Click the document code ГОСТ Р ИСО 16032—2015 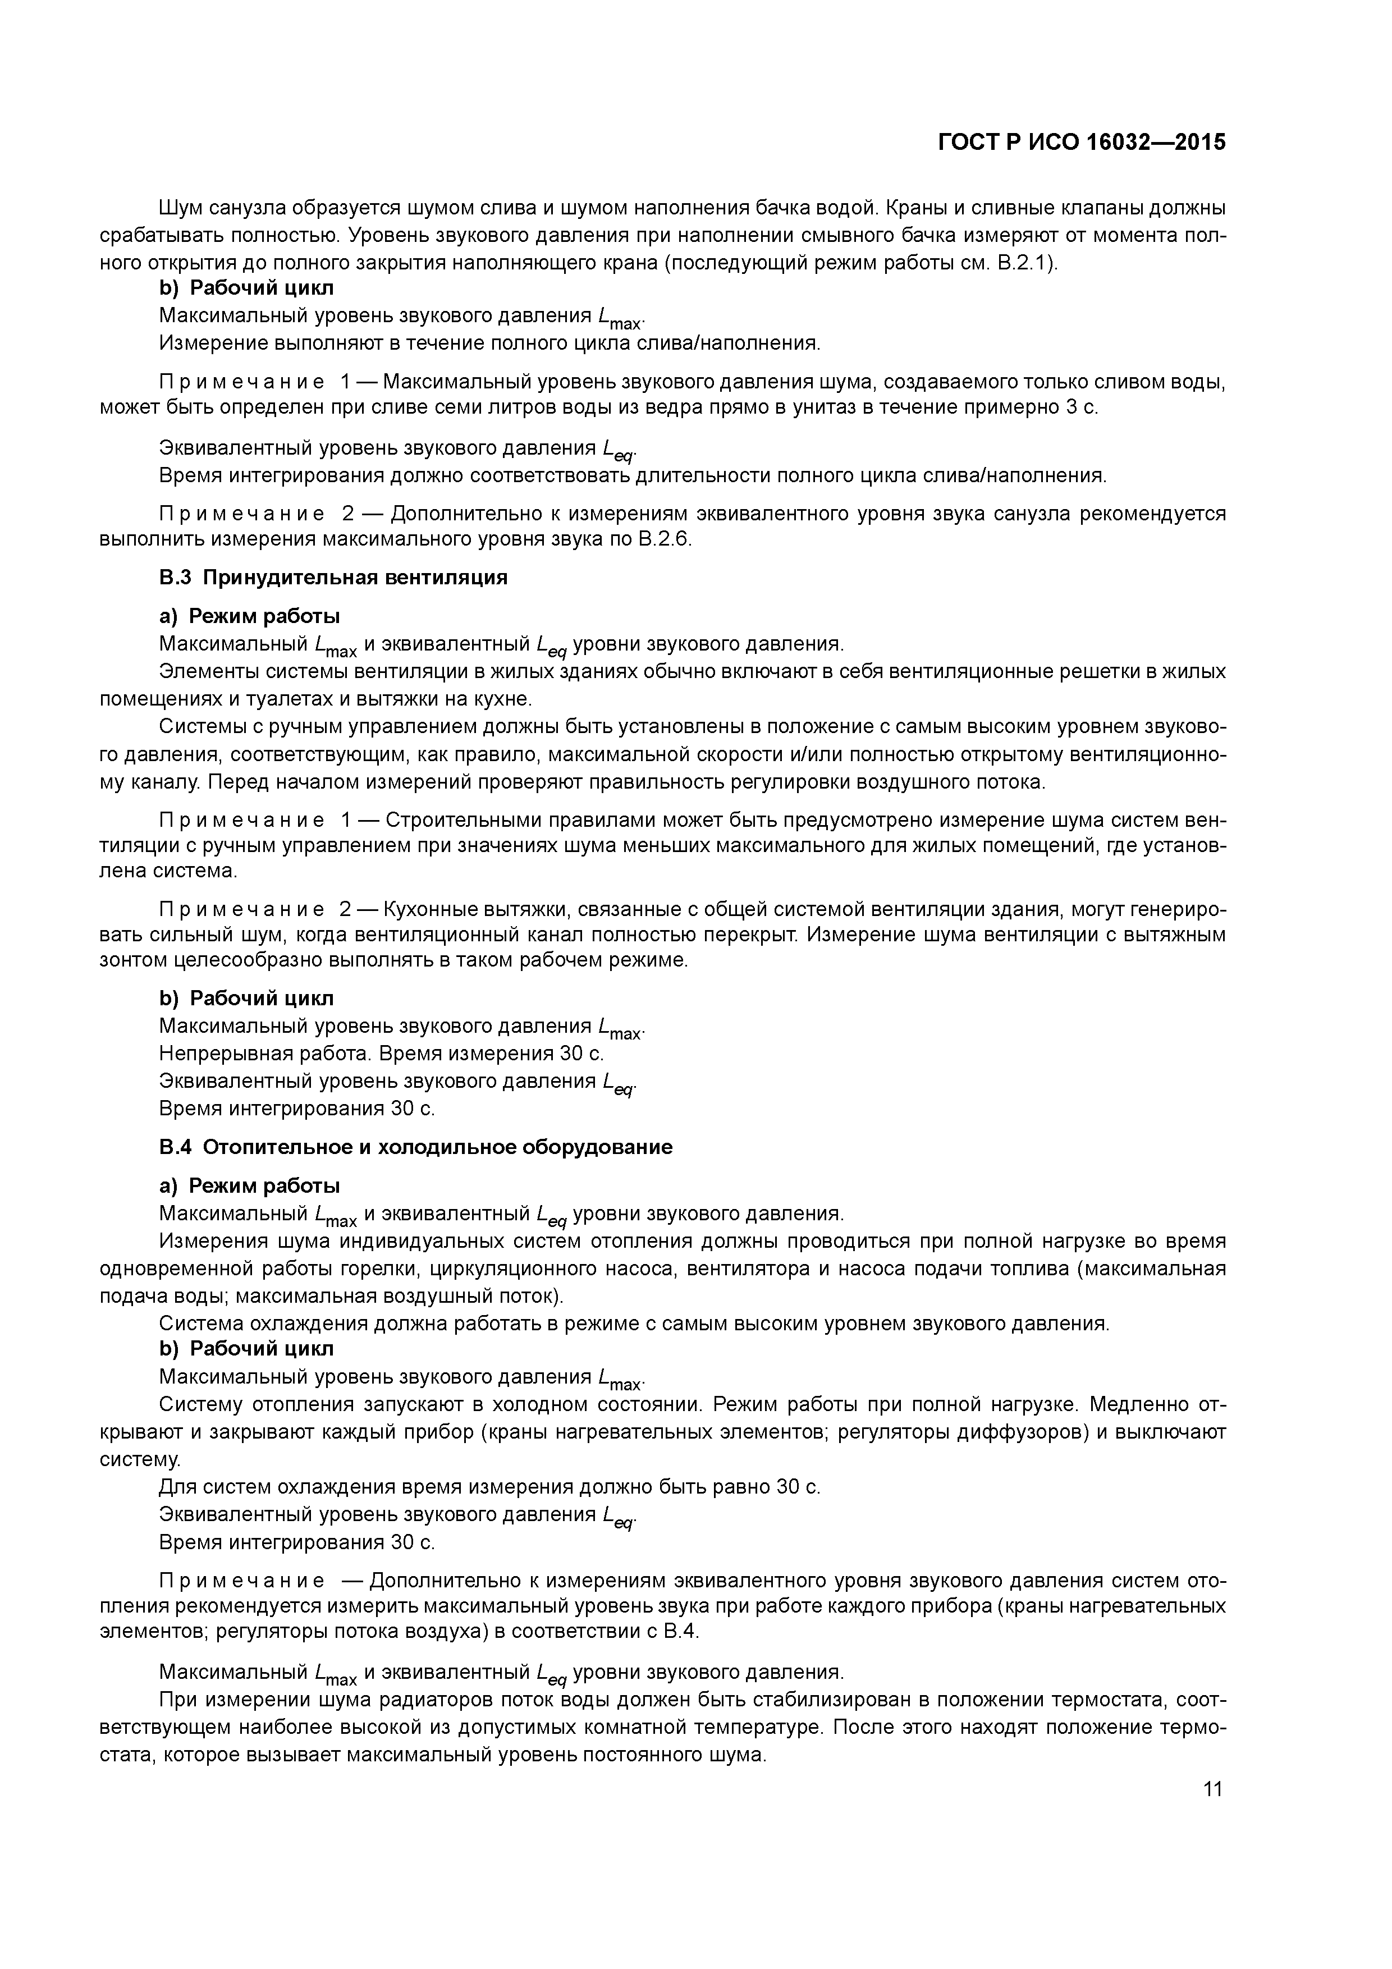pos(1082,141)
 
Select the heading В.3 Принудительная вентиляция pos(333,577)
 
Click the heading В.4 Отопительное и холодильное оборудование pos(416,1147)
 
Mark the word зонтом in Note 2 pos(133,960)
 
